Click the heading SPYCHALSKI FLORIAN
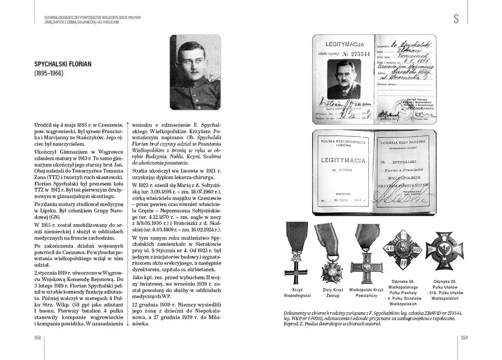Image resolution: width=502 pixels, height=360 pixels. [63, 64]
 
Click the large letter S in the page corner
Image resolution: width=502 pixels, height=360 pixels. [456, 19]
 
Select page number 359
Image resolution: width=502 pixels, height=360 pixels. [464, 337]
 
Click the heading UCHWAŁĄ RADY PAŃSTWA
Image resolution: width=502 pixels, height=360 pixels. [407, 142]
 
